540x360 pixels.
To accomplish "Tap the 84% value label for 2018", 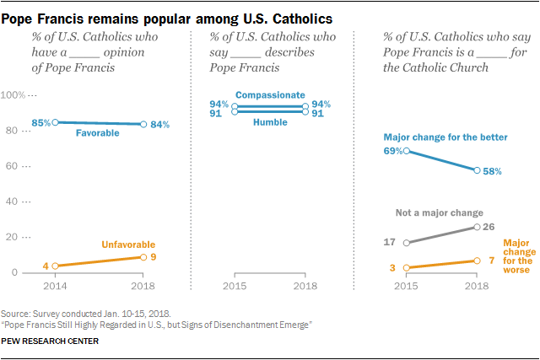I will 159,125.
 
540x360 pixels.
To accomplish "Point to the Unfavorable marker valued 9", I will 143,257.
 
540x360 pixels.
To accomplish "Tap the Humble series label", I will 269,122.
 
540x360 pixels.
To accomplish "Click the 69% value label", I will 394,151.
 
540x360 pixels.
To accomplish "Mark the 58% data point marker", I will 478,170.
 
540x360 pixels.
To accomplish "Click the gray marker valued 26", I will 478,227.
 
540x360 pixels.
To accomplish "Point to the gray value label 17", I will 390,243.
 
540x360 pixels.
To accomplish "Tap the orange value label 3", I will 393,268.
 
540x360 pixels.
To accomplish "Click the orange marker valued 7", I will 478,261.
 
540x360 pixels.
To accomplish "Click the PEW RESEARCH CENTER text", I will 51,341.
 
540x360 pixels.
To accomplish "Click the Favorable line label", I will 98,133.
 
